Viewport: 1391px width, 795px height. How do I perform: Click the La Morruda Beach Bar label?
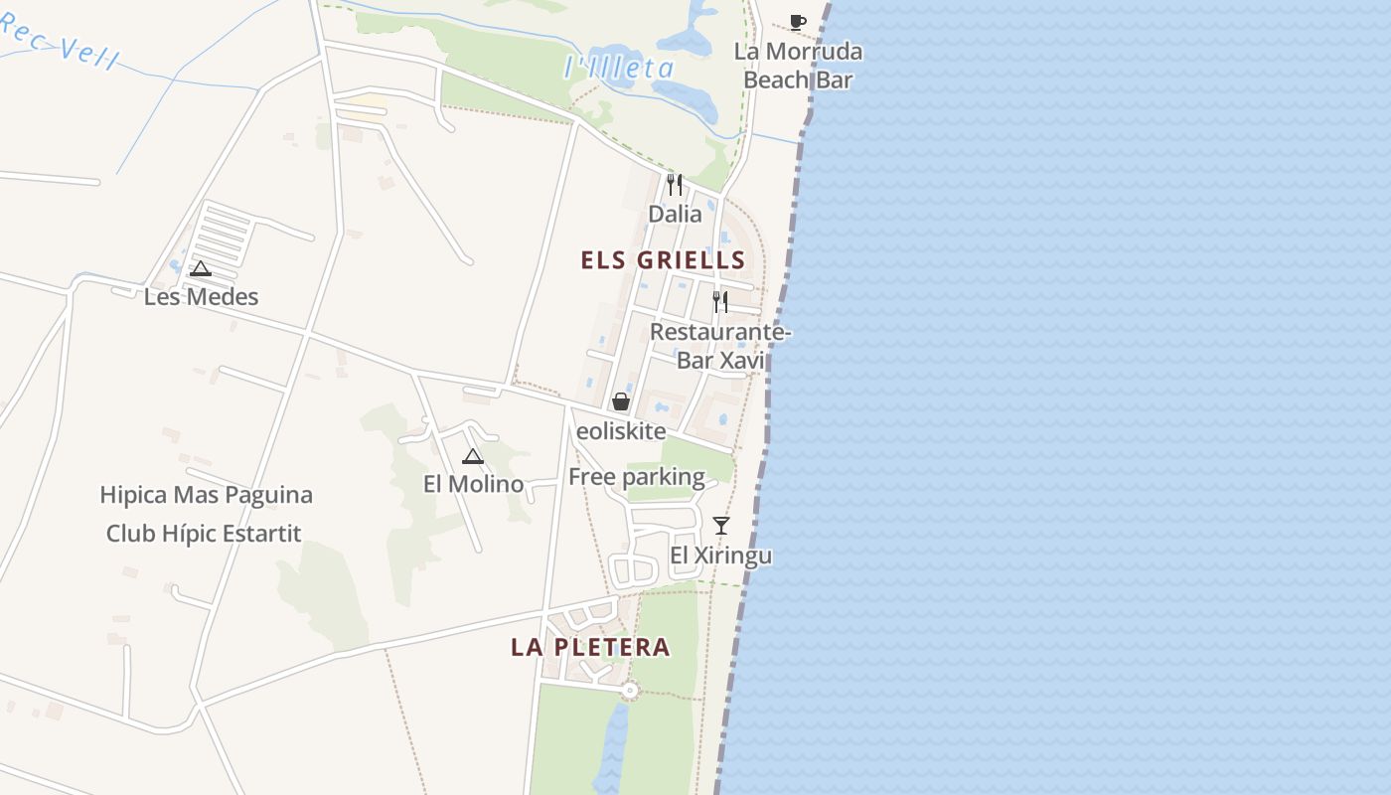tap(797, 66)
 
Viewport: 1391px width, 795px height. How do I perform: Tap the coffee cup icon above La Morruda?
tap(797, 21)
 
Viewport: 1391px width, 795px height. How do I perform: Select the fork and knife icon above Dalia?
tap(675, 184)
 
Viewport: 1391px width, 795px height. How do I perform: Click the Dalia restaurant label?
tap(675, 214)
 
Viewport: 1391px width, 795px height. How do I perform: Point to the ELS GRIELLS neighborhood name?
tap(663, 260)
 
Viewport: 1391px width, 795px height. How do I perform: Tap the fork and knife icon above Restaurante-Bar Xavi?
tap(720, 301)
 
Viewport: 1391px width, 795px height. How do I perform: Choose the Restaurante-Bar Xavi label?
tap(720, 346)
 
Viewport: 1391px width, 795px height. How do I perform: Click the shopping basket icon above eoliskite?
tap(621, 401)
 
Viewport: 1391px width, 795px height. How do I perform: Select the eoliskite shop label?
tap(621, 431)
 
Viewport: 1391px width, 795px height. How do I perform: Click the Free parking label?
tap(636, 477)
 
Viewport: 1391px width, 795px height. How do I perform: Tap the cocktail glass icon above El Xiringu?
tap(721, 525)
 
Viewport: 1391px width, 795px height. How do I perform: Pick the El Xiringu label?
tap(721, 556)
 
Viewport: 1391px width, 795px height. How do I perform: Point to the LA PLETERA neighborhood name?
tap(590, 647)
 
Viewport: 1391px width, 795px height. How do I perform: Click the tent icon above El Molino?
tap(473, 456)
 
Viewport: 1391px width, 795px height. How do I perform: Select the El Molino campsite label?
tap(473, 484)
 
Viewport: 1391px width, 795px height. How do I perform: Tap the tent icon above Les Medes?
tap(201, 268)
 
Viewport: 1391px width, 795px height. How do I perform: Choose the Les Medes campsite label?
tap(201, 296)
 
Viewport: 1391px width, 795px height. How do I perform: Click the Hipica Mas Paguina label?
tap(206, 495)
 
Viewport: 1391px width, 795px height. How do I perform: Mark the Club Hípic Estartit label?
tap(204, 534)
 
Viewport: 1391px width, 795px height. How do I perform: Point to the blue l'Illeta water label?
tap(619, 68)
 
